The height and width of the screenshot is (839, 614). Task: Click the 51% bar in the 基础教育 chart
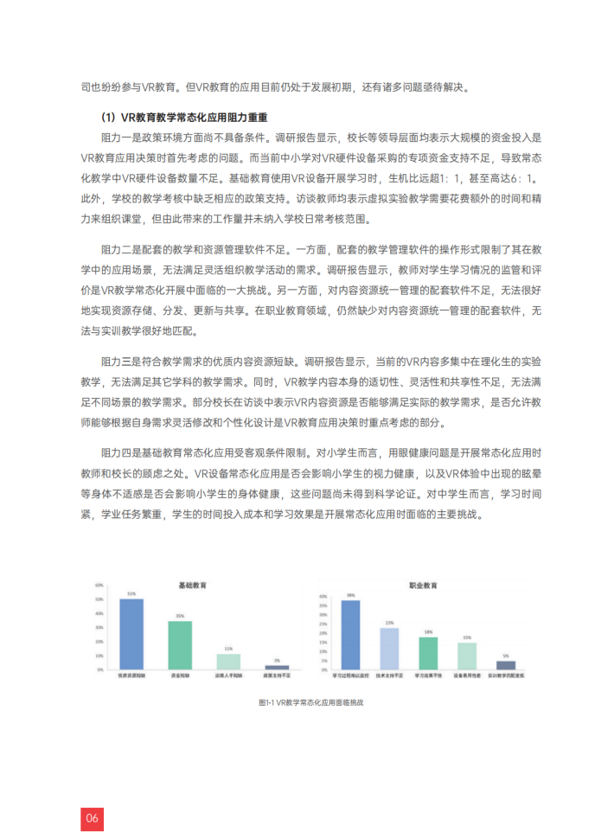(x=131, y=634)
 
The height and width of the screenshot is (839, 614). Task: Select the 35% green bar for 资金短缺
(x=180, y=645)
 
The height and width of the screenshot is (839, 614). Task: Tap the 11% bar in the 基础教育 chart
(x=228, y=661)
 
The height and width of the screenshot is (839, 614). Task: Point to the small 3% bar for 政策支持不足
(x=277, y=667)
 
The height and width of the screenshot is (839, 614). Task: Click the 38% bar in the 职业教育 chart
(x=350, y=634)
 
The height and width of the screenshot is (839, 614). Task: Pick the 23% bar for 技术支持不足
(x=389, y=647)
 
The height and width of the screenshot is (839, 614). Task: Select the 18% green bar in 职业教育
(x=428, y=652)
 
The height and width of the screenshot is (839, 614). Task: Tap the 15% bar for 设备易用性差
(x=467, y=656)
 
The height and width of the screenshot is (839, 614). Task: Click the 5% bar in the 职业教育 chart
(x=506, y=665)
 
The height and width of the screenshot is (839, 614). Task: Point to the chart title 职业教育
(x=423, y=586)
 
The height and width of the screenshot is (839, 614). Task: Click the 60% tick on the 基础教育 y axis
(x=100, y=586)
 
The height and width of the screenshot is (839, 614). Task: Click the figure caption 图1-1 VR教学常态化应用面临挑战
(x=310, y=702)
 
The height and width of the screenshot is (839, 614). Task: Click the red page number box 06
(x=93, y=817)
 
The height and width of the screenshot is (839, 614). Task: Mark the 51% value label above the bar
(x=131, y=594)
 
